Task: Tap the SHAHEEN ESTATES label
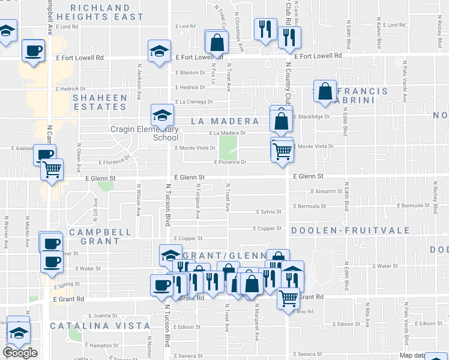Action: click(x=100, y=102)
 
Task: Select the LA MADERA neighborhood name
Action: click(x=224, y=121)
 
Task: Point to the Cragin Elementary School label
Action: click(x=144, y=133)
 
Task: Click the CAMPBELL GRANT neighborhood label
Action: click(x=100, y=236)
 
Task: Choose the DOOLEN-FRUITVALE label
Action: click(x=351, y=230)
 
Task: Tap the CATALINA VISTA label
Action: click(x=100, y=326)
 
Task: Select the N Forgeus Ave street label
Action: click(x=197, y=201)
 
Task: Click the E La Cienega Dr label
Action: click(x=194, y=102)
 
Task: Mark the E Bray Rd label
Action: click(x=306, y=312)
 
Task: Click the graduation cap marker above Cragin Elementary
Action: click(x=162, y=115)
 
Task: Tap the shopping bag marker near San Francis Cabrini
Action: click(x=325, y=92)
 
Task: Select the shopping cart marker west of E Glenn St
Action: click(x=52, y=170)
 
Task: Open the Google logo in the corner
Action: click(x=20, y=353)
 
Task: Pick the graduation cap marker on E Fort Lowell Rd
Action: click(x=159, y=50)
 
